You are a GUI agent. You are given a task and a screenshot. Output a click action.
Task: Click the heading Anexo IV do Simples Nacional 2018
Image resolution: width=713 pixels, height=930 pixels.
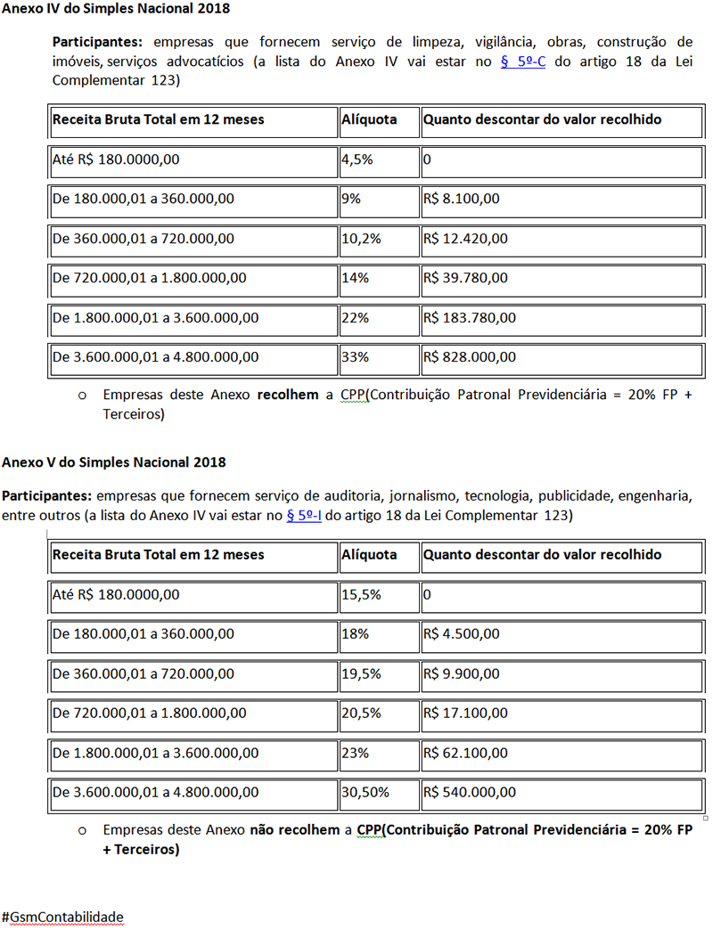tap(115, 10)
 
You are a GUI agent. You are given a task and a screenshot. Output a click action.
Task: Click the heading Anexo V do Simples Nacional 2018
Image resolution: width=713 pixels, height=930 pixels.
tap(113, 462)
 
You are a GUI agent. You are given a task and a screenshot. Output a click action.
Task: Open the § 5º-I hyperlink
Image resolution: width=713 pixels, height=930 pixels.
tap(303, 516)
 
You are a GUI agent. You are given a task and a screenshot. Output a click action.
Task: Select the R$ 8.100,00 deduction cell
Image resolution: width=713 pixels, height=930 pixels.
tap(462, 200)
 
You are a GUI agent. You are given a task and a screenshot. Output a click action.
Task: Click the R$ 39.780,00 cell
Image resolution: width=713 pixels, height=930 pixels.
tap(466, 278)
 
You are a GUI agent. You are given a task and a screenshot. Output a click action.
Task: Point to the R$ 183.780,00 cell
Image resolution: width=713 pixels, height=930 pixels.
tap(470, 318)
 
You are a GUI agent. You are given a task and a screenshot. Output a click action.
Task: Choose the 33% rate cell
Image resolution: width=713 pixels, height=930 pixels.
tap(354, 357)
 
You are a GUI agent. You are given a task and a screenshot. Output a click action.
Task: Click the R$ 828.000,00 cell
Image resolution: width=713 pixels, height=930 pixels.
tap(470, 357)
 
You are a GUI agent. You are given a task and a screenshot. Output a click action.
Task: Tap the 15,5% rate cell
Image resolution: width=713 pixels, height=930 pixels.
tap(361, 595)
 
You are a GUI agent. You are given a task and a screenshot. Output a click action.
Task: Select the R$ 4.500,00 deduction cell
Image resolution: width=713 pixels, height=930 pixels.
tap(462, 634)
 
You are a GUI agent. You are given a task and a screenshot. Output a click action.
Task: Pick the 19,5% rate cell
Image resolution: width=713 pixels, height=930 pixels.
tap(361, 673)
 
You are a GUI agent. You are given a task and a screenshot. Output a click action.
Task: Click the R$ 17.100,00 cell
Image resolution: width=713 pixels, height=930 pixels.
tap(466, 713)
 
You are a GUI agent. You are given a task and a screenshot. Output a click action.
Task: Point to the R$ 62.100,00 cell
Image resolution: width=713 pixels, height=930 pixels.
tap(466, 753)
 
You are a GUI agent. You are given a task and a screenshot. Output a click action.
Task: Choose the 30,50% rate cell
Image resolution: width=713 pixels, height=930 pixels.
tap(365, 792)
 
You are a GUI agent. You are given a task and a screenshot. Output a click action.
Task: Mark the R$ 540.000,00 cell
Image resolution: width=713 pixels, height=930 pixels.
tap(470, 792)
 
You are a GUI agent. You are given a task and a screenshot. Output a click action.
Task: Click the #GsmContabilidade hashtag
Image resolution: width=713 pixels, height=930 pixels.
tap(62, 917)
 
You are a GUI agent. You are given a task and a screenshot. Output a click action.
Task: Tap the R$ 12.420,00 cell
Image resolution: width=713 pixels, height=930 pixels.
tap(466, 239)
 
